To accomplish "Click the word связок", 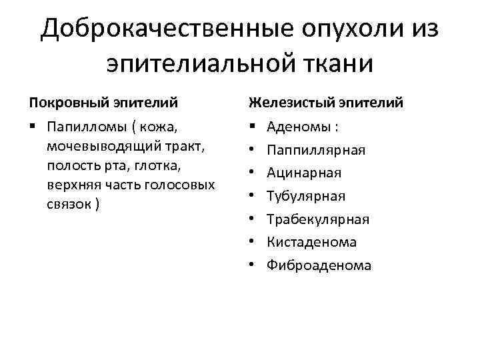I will (x=70, y=203).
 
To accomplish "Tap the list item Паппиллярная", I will (x=316, y=149).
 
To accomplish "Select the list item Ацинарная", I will (x=304, y=173).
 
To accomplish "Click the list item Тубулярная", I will (x=306, y=196).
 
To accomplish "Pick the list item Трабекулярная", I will (x=318, y=219).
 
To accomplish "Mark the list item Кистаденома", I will (x=312, y=243).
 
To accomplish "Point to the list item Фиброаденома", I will (x=319, y=266).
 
